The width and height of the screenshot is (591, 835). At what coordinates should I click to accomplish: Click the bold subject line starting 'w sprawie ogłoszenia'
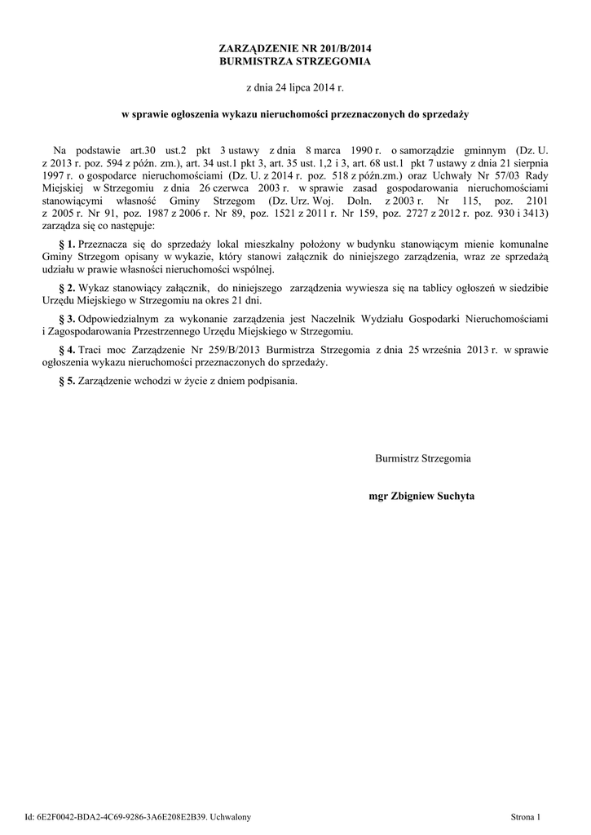point(295,115)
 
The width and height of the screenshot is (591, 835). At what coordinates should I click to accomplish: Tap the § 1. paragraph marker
point(68,245)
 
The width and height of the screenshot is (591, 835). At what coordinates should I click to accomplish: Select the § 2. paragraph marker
point(68,288)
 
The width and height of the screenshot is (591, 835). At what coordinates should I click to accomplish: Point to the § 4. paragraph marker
point(68,350)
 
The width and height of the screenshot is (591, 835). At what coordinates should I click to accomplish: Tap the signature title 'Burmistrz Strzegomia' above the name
point(422,458)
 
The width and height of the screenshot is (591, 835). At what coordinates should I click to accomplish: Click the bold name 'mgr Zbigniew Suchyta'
point(421,496)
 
